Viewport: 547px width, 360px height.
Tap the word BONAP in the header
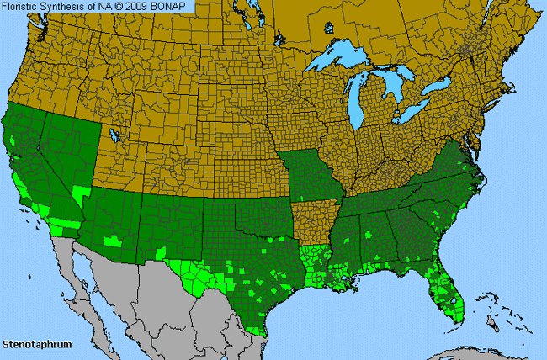pyautogui.click(x=174, y=7)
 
